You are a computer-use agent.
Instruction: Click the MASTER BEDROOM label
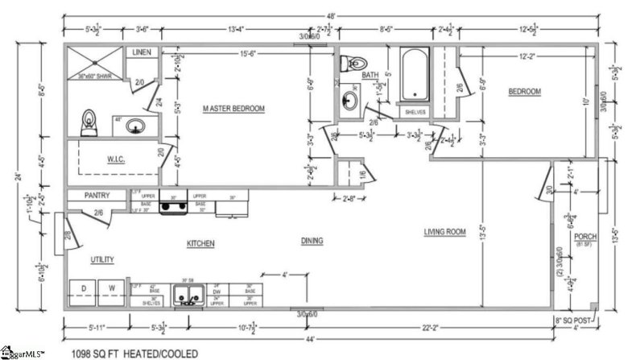pyautogui.click(x=233, y=108)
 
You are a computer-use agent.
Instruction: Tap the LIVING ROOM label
pyautogui.click(x=445, y=233)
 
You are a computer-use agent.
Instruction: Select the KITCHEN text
pyautogui.click(x=200, y=242)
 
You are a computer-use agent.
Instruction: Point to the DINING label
pyautogui.click(x=312, y=240)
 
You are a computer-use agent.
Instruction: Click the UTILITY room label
pyautogui.click(x=101, y=259)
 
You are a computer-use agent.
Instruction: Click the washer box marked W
pyautogui.click(x=112, y=288)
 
